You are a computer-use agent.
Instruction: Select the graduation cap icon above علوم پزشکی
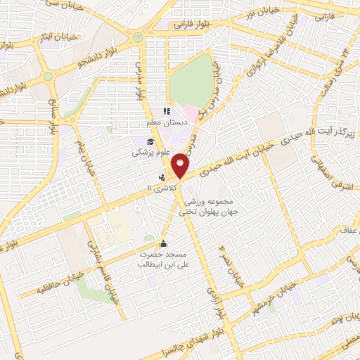[150, 142]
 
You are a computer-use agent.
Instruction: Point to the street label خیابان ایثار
[34, 39]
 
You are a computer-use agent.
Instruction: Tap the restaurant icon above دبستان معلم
[167, 111]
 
